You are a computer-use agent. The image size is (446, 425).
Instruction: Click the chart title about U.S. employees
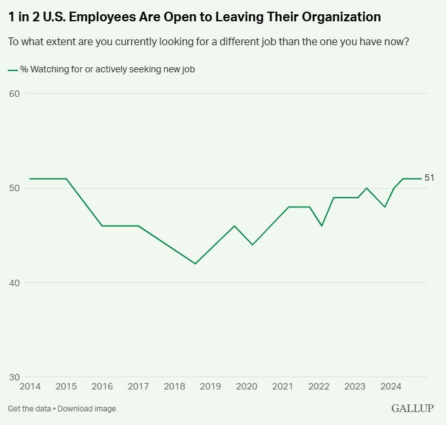pyautogui.click(x=195, y=17)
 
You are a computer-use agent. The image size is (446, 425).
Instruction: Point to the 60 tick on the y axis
pyautogui.click(x=14, y=94)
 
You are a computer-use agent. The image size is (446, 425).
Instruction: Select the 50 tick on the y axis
pyautogui.click(x=14, y=188)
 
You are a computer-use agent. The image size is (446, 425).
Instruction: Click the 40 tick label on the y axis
pyautogui.click(x=14, y=283)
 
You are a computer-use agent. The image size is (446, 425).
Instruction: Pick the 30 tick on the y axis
pyautogui.click(x=14, y=377)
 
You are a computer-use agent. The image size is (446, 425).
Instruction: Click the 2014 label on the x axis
pyautogui.click(x=30, y=387)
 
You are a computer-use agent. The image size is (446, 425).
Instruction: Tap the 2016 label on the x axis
pyautogui.click(x=102, y=387)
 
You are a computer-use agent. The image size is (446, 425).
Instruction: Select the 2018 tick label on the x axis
pyautogui.click(x=175, y=387)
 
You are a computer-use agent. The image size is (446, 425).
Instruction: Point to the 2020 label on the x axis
pyautogui.click(x=246, y=387)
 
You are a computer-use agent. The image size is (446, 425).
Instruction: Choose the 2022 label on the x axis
pyautogui.click(x=319, y=387)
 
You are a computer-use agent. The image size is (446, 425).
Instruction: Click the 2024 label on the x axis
pyautogui.click(x=390, y=387)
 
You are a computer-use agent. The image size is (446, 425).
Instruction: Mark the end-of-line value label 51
pyautogui.click(x=429, y=178)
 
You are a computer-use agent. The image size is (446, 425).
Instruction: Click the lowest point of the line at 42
pyautogui.click(x=195, y=264)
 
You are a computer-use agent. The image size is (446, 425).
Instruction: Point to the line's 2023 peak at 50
pyautogui.click(x=366, y=188)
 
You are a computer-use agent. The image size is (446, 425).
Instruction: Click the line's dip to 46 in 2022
pyautogui.click(x=321, y=225)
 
